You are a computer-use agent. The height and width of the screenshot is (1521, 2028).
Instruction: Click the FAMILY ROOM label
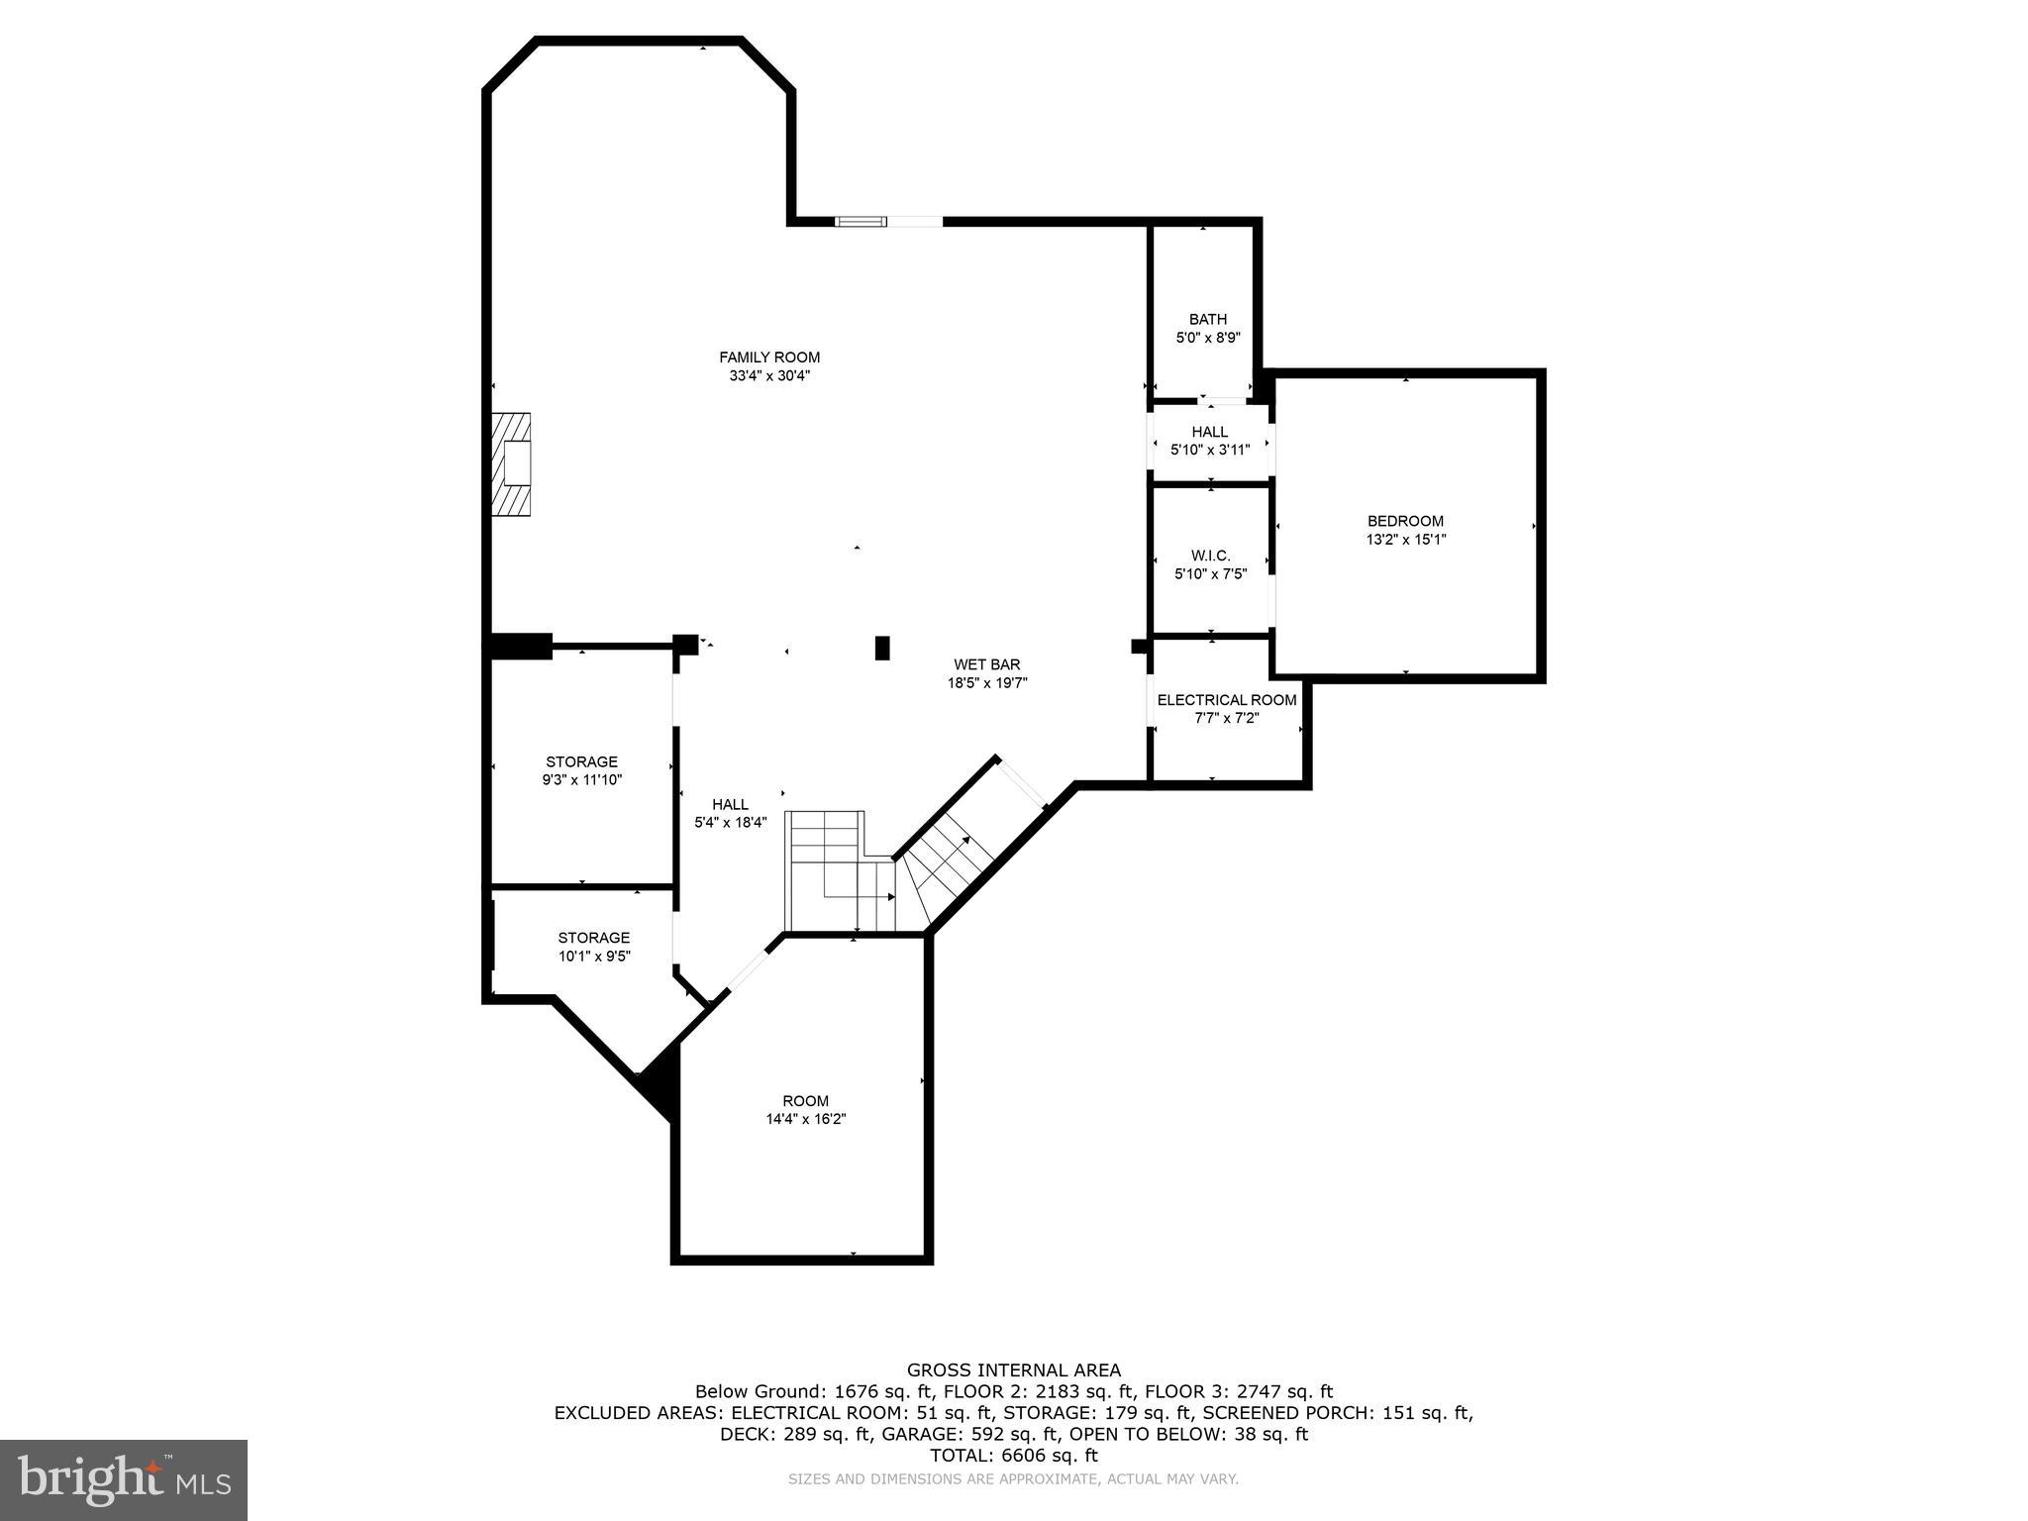pyautogui.click(x=769, y=357)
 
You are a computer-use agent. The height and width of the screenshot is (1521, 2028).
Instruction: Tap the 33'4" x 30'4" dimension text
pyautogui.click(x=769, y=376)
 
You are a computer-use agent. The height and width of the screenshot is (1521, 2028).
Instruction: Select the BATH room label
pyautogui.click(x=1207, y=319)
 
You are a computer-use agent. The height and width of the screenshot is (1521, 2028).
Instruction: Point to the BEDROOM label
pyautogui.click(x=1405, y=521)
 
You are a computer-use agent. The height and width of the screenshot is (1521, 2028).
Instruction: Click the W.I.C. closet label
pyautogui.click(x=1210, y=556)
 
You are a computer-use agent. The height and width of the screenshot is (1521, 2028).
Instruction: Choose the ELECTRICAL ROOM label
pyautogui.click(x=1226, y=700)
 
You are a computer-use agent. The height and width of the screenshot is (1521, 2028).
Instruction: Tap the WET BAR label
pyautogui.click(x=986, y=664)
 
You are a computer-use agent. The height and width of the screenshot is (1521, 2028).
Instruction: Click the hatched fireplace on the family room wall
pyautogui.click(x=511, y=464)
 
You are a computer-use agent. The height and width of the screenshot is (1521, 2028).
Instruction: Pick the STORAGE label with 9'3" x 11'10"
pyautogui.click(x=581, y=761)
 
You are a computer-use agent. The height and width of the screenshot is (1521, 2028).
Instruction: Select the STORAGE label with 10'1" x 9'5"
pyautogui.click(x=593, y=938)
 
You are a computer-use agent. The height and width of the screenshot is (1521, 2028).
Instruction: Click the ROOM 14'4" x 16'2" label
pyautogui.click(x=805, y=1101)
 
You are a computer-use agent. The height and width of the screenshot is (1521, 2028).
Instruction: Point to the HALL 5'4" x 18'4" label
pyautogui.click(x=730, y=805)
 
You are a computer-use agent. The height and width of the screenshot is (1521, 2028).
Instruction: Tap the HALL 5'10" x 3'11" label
pyautogui.click(x=1209, y=432)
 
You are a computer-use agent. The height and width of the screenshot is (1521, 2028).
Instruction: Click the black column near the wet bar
pyautogui.click(x=882, y=648)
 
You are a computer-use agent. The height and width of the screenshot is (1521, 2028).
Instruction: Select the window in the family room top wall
pyautogui.click(x=860, y=222)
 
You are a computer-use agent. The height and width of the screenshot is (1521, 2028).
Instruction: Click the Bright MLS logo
pyautogui.click(x=124, y=1479)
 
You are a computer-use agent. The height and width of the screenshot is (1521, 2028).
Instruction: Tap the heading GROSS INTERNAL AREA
pyautogui.click(x=1014, y=1370)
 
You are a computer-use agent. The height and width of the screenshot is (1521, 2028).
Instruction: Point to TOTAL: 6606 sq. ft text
pyautogui.click(x=1014, y=1456)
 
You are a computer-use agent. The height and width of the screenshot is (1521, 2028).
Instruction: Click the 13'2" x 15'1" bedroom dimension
pyautogui.click(x=1405, y=540)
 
